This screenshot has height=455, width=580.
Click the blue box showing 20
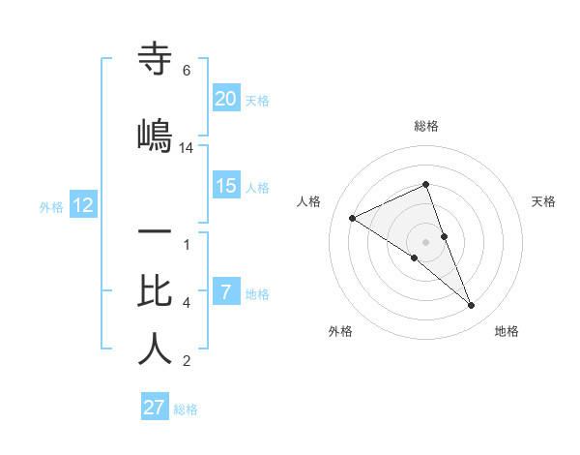(x=226, y=99)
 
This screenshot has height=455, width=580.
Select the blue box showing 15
(x=226, y=186)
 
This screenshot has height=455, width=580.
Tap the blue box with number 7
(x=226, y=292)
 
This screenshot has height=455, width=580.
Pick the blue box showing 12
(x=82, y=205)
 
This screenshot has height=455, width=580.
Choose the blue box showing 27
(x=155, y=408)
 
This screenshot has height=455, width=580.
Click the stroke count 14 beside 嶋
(x=187, y=147)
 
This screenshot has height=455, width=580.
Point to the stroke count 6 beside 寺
(x=187, y=71)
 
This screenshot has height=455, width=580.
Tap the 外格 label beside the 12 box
(x=51, y=206)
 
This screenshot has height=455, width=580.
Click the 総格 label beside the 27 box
(x=186, y=409)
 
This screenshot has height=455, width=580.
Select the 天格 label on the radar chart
(x=543, y=201)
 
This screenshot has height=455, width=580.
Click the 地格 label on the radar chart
(x=507, y=331)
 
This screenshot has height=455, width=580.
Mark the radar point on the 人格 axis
(x=353, y=218)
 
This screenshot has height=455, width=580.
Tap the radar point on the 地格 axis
(x=472, y=306)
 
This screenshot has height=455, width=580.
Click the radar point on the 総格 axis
(x=426, y=184)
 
